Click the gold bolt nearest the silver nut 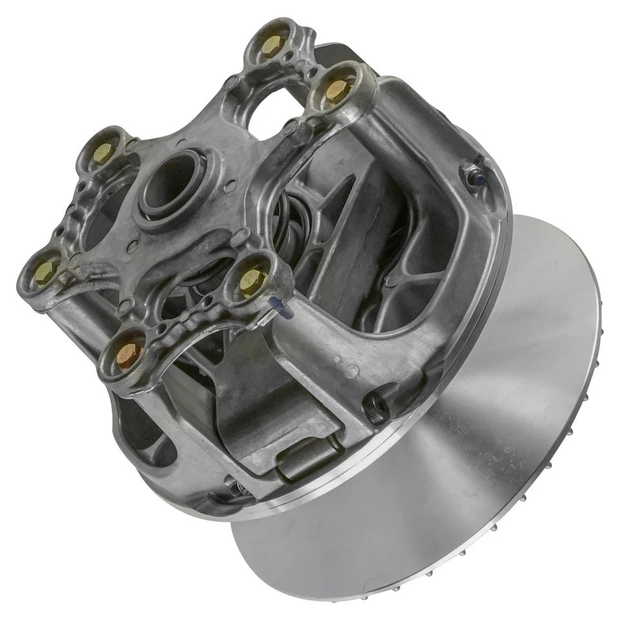tap(336, 90)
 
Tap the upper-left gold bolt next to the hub tap(105, 152)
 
